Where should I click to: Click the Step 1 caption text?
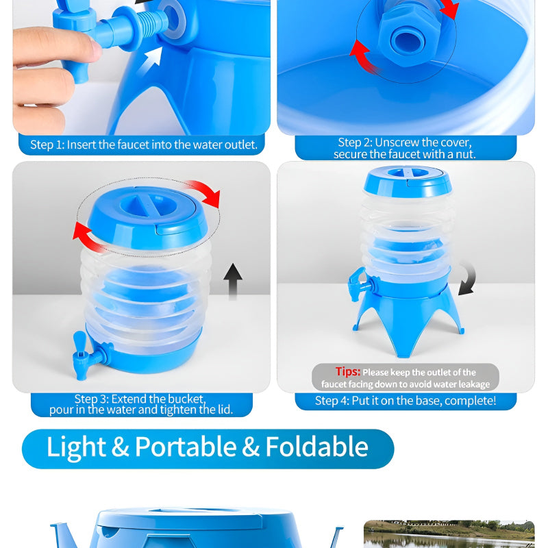[x=143, y=145]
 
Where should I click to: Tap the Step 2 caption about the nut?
[x=404, y=148]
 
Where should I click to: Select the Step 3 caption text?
[x=140, y=404]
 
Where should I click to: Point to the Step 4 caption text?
[x=406, y=401]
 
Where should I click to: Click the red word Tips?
[x=347, y=371]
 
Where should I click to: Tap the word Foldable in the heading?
[x=316, y=447]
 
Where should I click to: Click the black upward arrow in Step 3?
[x=233, y=282]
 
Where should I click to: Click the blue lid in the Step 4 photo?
[x=407, y=179]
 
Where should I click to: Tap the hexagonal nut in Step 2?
[x=405, y=38]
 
